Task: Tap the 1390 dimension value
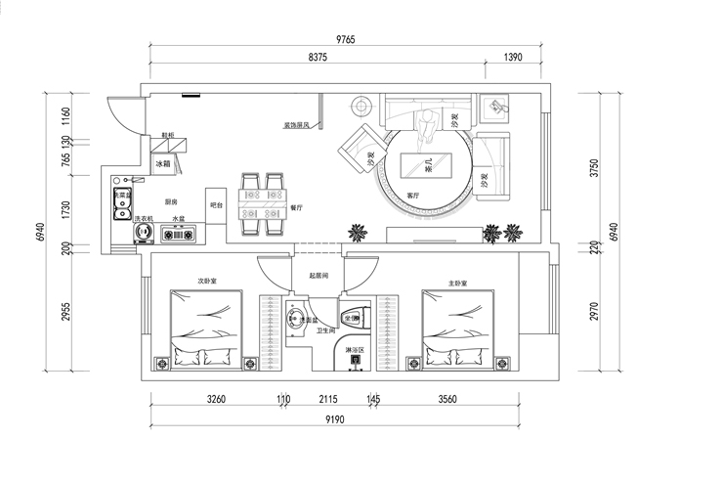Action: click(514, 58)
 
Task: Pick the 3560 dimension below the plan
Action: click(449, 399)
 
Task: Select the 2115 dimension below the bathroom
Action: click(328, 399)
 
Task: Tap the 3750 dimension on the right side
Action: click(595, 169)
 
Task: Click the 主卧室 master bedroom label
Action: click(456, 283)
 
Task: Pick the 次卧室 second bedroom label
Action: click(206, 281)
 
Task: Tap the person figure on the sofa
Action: click(429, 124)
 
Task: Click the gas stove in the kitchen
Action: click(179, 235)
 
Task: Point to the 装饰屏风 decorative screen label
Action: click(296, 125)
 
